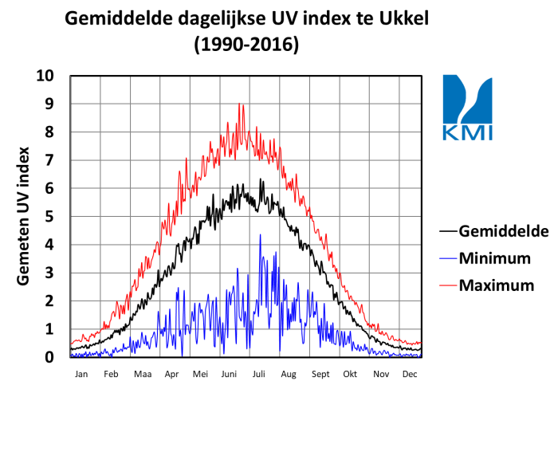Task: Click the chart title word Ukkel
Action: click(x=399, y=18)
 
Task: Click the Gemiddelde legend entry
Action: click(x=504, y=231)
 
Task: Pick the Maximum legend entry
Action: click(x=497, y=285)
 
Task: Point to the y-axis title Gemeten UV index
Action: click(x=24, y=216)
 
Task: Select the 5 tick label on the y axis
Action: click(x=49, y=217)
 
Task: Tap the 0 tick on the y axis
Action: click(x=49, y=357)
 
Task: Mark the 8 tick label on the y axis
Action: click(x=49, y=132)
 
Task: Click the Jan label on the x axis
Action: click(x=81, y=373)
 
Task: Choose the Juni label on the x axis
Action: click(x=229, y=373)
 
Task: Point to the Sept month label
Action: click(x=320, y=373)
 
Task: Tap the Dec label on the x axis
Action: click(x=410, y=373)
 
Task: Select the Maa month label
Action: click(x=143, y=373)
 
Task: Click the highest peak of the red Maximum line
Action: click(x=240, y=104)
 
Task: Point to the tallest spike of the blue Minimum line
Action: click(x=260, y=234)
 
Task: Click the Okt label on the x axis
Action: click(x=350, y=373)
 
